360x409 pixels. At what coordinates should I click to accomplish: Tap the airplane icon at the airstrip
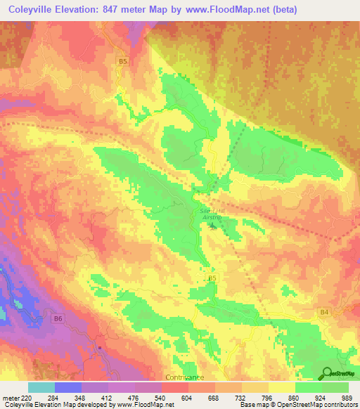[x=207, y=227]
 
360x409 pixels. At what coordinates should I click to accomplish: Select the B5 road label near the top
[x=123, y=62]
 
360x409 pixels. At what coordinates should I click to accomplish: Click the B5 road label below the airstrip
[x=212, y=279]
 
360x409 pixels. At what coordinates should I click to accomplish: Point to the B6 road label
[x=59, y=319]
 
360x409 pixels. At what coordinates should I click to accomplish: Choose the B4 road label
[x=324, y=311]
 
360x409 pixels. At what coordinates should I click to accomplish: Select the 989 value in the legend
[x=344, y=396]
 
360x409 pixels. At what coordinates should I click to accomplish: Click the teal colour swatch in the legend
[x=41, y=387]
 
